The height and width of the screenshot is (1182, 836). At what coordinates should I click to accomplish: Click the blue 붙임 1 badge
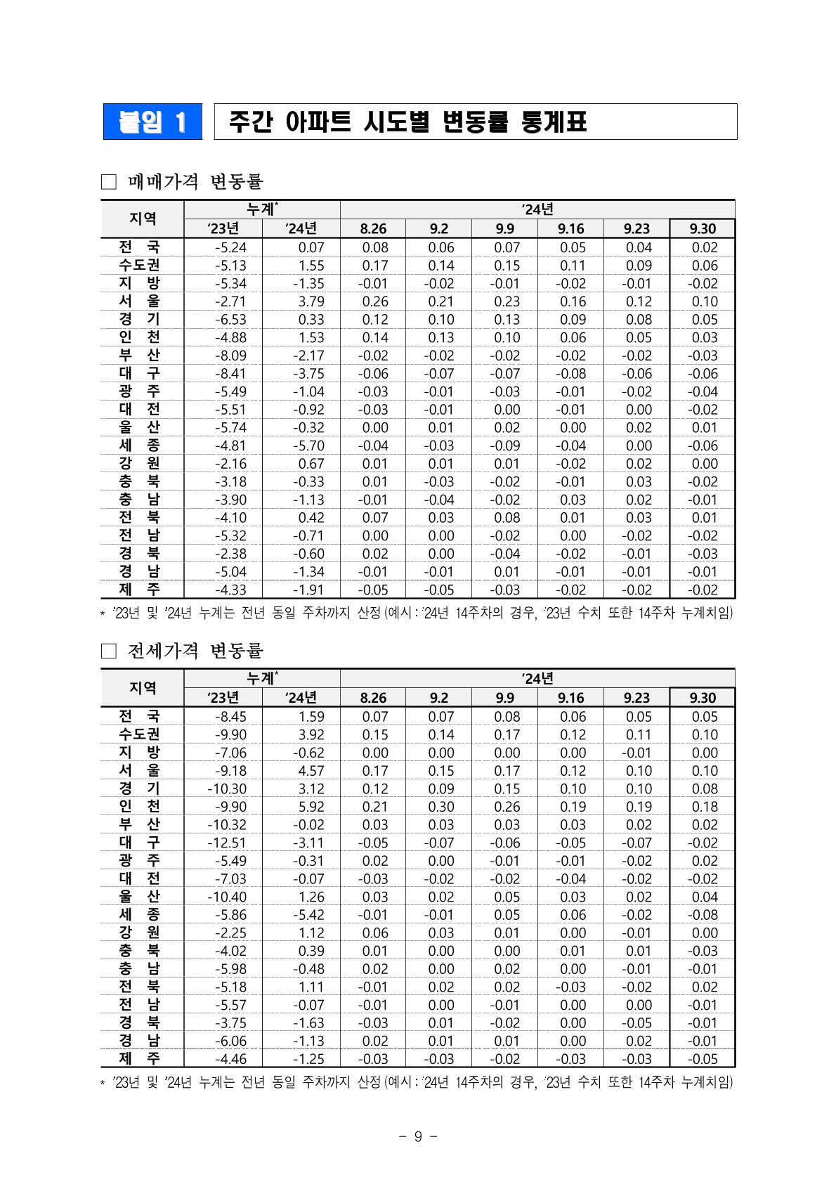[152, 122]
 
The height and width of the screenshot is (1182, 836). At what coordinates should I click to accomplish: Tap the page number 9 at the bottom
[417, 1136]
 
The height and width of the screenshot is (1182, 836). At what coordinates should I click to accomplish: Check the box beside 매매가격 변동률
[108, 182]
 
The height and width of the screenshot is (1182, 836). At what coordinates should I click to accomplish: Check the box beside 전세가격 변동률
[108, 651]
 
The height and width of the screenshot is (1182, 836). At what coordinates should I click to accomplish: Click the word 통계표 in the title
[554, 122]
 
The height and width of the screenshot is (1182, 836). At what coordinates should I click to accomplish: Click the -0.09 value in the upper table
[505, 446]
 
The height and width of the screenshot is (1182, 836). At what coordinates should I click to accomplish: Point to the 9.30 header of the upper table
[703, 228]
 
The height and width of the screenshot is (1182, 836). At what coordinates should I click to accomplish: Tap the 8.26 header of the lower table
[373, 698]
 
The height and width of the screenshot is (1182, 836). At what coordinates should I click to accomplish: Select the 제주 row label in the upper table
[140, 590]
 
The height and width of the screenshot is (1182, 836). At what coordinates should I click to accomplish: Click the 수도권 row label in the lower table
[140, 734]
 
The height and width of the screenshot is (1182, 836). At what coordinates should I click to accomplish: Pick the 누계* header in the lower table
[262, 678]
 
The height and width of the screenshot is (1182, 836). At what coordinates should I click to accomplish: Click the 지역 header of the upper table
[143, 219]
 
